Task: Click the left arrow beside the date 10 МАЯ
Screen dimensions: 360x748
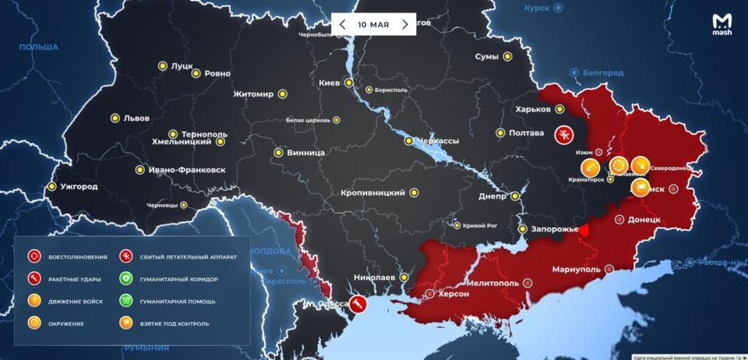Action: tap(343, 24)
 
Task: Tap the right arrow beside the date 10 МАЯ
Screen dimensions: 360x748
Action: tap(404, 24)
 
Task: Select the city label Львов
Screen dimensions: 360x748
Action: tap(136, 119)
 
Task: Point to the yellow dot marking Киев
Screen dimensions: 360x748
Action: tap(350, 83)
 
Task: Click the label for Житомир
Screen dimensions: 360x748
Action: tap(253, 95)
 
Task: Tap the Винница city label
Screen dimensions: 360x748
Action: tap(305, 153)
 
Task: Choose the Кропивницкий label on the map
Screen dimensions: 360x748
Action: tap(372, 192)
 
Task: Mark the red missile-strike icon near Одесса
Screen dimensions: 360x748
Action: tap(358, 302)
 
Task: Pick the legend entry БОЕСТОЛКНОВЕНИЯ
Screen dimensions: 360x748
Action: tap(78, 256)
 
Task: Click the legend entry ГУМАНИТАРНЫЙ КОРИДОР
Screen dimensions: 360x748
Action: tap(178, 278)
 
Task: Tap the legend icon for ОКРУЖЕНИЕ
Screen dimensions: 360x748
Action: tap(34, 322)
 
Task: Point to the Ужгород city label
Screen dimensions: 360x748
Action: tap(78, 187)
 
